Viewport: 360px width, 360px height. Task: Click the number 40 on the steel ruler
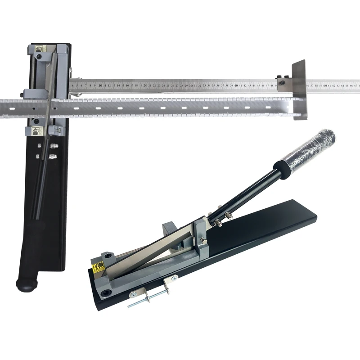click(x=236, y=85)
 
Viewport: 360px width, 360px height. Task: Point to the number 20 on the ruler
click(x=145, y=85)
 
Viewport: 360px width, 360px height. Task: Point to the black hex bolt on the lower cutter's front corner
click(x=106, y=292)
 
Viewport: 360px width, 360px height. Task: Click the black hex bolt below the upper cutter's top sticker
click(x=40, y=57)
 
